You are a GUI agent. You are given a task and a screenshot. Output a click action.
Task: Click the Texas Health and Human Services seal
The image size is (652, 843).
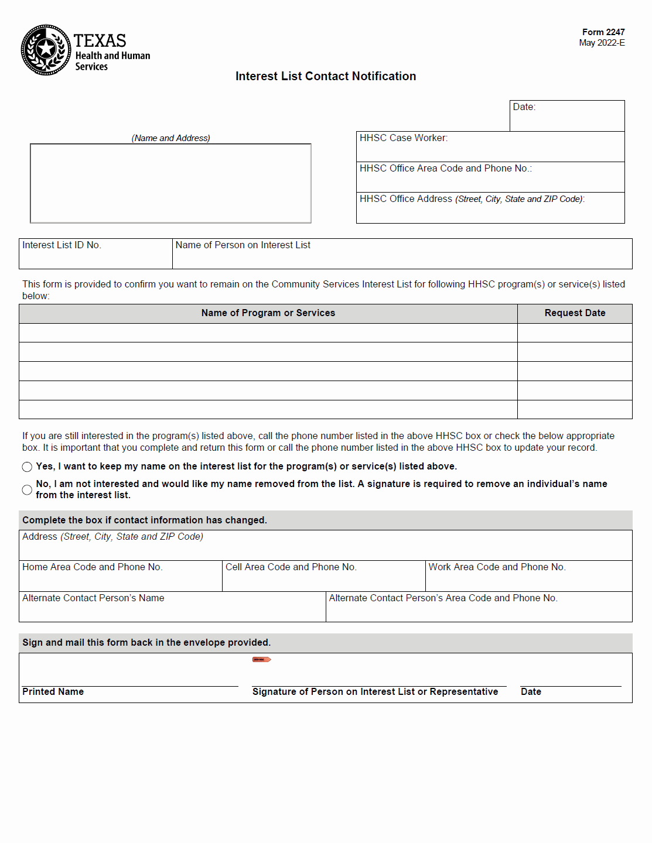pyautogui.click(x=46, y=50)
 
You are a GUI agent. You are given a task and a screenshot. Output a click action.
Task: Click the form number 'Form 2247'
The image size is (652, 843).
pyautogui.click(x=603, y=32)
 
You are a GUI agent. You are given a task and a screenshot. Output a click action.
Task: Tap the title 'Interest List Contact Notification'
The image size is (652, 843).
pyautogui.click(x=326, y=76)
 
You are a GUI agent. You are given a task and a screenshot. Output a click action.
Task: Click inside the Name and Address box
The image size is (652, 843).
pyautogui.click(x=170, y=184)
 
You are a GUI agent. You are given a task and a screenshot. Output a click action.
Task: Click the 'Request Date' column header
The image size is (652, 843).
pyautogui.click(x=575, y=313)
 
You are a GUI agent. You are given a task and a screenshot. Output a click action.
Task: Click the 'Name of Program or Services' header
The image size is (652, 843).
pyautogui.click(x=268, y=313)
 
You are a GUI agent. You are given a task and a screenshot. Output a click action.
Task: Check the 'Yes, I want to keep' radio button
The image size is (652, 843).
pyautogui.click(x=27, y=467)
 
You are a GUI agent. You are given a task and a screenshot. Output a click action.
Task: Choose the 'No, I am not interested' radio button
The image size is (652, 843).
pyautogui.click(x=27, y=489)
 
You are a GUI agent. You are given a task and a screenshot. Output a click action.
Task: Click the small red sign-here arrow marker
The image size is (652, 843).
pyautogui.click(x=261, y=660)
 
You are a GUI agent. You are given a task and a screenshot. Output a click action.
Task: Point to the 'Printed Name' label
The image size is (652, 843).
pyautogui.click(x=53, y=692)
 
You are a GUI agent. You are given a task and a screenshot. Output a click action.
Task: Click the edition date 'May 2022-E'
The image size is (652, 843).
pyautogui.click(x=602, y=43)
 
